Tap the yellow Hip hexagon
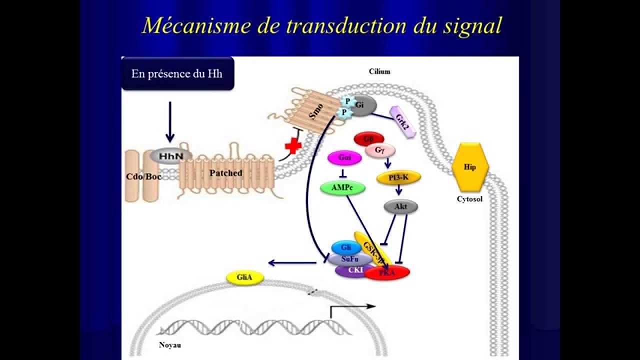click(x=469, y=167)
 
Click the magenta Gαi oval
click(x=344, y=158)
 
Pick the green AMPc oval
click(x=342, y=188)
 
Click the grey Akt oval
click(x=400, y=206)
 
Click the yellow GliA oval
click(x=245, y=278)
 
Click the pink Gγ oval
click(x=380, y=150)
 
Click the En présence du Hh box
click(x=177, y=74)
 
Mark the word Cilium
click(x=379, y=71)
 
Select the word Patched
click(x=225, y=173)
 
